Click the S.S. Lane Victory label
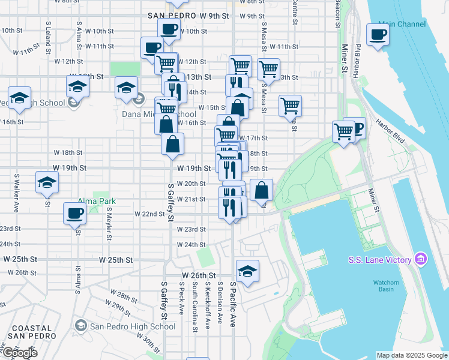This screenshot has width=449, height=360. tap(380, 259)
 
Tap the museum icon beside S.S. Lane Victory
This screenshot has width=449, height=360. tap(421, 259)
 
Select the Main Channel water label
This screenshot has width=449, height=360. tap(402, 25)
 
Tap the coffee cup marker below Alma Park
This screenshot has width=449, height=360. tap(75, 213)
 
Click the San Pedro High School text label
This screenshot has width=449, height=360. tap(133, 326)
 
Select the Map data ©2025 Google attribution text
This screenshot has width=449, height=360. tap(412, 355)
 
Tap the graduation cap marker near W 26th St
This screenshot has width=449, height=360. tap(247, 271)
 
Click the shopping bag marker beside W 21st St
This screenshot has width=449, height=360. tap(262, 190)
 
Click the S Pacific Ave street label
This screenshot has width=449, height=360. tap(233, 304)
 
